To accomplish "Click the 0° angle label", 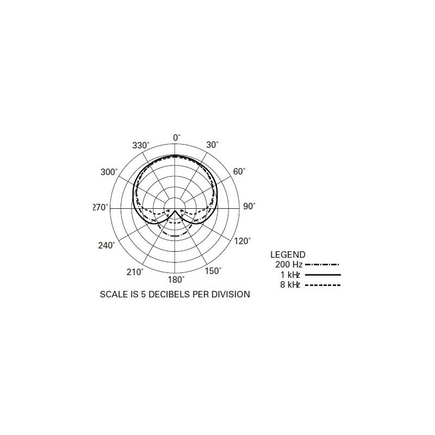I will (176, 138).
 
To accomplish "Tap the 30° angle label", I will (212, 145).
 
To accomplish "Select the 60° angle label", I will (239, 171).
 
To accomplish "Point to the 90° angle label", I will (249, 207).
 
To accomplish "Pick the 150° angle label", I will (213, 271).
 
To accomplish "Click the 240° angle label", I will (107, 245).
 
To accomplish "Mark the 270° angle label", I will (101, 207).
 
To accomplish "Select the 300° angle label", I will (109, 172).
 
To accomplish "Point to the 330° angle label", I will (140, 146).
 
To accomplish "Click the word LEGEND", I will (288, 254).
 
